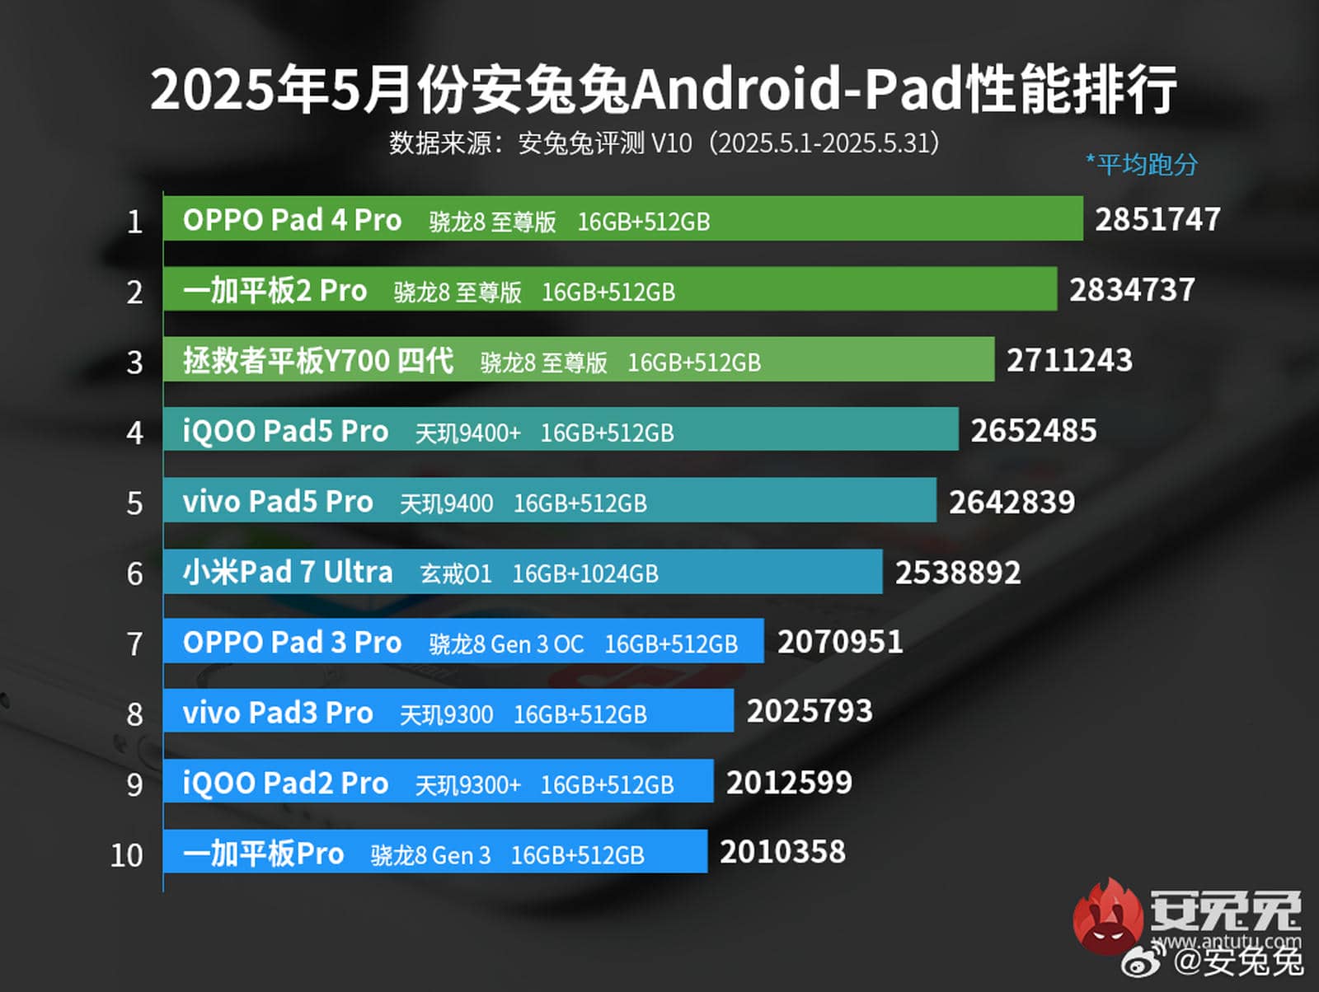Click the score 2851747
click(x=1157, y=220)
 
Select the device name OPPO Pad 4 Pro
click(x=292, y=221)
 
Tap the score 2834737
click(x=1132, y=290)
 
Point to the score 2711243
click(x=1069, y=361)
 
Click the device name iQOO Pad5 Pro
click(x=285, y=432)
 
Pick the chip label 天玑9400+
click(x=467, y=433)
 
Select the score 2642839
click(x=1012, y=503)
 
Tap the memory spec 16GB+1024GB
click(x=585, y=573)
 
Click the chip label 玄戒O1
click(x=456, y=573)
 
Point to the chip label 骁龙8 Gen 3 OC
click(x=506, y=644)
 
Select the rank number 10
click(x=127, y=855)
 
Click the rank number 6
click(x=134, y=574)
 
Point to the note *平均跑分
click(x=1142, y=165)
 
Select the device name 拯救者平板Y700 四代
click(x=318, y=361)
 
